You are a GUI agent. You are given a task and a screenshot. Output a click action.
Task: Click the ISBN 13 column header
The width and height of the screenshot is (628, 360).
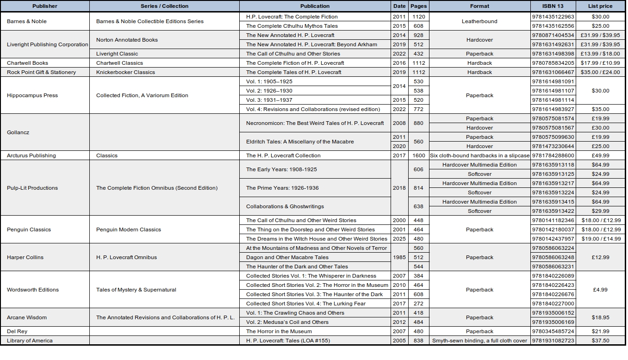[553, 6]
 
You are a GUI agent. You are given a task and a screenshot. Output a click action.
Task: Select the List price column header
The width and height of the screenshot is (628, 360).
[600, 6]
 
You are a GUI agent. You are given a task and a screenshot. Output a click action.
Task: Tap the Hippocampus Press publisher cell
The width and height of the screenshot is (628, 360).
[32, 95]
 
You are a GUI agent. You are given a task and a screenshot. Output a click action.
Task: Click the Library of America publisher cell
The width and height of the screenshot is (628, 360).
[30, 341]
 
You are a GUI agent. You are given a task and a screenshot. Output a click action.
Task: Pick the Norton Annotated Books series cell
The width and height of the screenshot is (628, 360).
[127, 40]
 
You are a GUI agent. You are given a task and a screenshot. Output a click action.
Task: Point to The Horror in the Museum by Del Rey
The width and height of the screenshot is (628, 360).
[279, 331]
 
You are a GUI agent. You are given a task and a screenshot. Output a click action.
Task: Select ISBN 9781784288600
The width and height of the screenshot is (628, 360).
[553, 155]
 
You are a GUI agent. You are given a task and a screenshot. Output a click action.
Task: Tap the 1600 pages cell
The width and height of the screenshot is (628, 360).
[418, 155]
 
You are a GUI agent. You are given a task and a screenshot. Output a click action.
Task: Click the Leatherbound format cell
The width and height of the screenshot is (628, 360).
[479, 21]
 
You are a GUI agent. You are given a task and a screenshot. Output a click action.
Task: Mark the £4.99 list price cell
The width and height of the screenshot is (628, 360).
[600, 290]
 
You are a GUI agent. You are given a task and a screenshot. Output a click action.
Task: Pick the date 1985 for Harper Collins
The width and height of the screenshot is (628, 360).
[399, 257]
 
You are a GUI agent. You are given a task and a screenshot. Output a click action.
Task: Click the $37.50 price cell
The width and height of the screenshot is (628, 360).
[600, 341]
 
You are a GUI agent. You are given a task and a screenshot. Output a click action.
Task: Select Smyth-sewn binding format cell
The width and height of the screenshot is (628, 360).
[479, 341]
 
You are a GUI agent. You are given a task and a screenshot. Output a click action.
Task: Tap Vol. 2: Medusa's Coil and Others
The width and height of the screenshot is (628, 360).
[287, 322]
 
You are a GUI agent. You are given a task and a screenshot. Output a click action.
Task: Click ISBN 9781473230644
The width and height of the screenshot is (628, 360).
[553, 146]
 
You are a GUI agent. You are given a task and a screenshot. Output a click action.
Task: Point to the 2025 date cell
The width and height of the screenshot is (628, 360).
[399, 239]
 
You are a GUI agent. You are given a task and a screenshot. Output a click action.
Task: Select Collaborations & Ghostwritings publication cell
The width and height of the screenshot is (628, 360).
[285, 206]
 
